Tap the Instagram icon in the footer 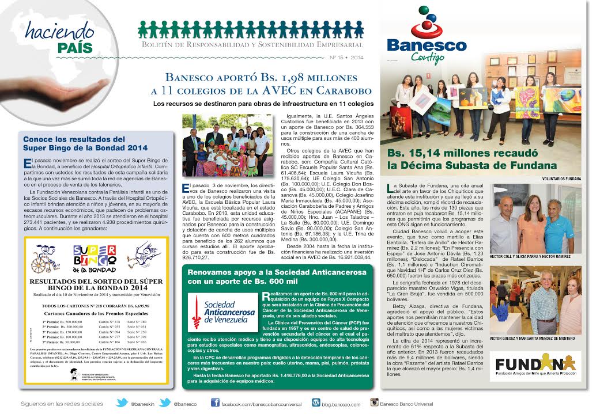click(374, 403)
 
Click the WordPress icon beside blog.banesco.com click(316, 403)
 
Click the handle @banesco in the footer click(184, 404)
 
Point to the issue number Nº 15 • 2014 click(346, 58)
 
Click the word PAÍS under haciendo click(75, 48)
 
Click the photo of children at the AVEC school click(227, 145)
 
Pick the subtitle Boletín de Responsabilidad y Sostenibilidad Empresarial click(252, 44)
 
